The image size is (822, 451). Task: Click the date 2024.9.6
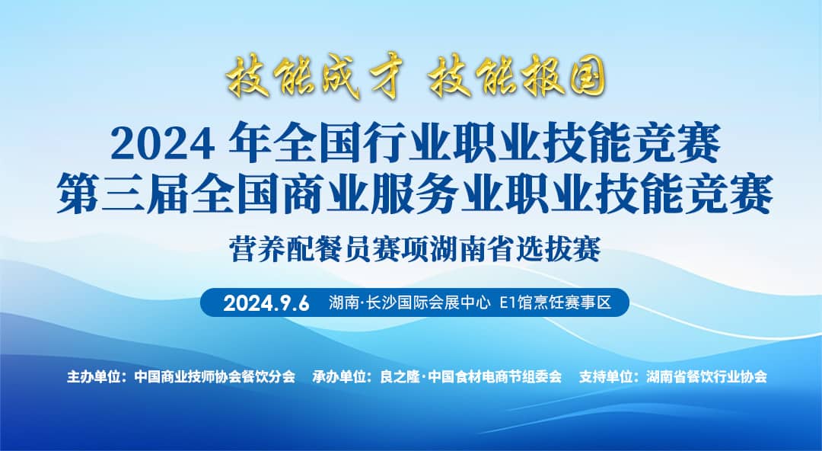tap(266, 303)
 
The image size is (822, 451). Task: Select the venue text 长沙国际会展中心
tap(429, 303)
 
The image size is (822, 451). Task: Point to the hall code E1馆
tap(517, 303)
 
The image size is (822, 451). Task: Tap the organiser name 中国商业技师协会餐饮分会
tap(215, 377)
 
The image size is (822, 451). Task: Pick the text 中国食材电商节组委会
tap(495, 377)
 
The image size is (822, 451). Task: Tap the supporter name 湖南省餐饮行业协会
tap(706, 377)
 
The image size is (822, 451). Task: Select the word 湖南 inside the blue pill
tap(342, 303)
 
